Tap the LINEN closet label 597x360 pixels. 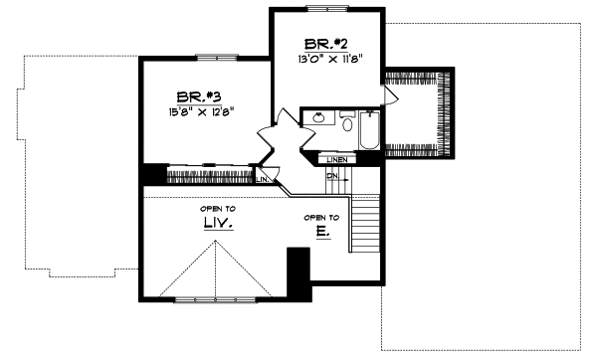pos(334,159)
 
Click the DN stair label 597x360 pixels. pos(333,176)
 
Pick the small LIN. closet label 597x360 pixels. pos(262,179)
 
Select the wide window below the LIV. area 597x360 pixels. pos(222,298)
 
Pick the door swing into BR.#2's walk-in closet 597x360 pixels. pos(390,93)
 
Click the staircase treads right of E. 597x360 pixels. pos(368,229)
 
